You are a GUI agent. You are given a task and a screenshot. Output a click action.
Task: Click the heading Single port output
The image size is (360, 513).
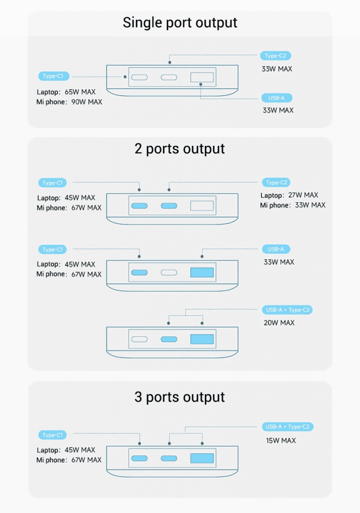tap(180, 23)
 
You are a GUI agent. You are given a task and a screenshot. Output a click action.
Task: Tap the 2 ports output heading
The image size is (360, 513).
tap(180, 149)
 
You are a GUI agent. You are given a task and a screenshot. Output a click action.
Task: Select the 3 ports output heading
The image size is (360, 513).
tap(180, 397)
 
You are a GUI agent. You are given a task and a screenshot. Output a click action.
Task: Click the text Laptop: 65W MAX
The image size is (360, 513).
tap(66, 92)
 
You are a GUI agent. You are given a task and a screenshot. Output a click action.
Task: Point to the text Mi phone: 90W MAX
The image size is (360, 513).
tap(69, 102)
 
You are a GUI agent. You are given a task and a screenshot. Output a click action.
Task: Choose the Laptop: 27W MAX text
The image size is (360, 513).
tap(289, 195)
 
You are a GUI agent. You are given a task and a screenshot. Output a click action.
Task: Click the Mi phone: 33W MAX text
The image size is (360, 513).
tap(292, 205)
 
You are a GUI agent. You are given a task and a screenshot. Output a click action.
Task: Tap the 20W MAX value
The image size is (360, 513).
tap(279, 323)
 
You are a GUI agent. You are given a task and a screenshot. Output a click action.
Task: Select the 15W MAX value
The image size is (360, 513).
tap(280, 441)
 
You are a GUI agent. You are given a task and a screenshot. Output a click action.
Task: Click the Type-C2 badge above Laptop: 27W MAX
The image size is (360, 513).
tap(276, 183)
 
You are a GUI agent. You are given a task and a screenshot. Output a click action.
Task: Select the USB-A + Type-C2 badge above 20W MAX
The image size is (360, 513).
tap(288, 310)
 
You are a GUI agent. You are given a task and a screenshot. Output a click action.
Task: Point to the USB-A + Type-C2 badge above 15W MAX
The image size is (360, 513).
tap(288, 427)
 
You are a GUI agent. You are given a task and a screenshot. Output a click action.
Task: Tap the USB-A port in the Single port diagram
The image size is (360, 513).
tap(202, 78)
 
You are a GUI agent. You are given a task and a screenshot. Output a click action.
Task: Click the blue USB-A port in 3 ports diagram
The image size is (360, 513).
tap(202, 458)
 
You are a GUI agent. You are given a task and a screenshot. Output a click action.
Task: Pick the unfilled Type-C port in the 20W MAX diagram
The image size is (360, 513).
tap(139, 339)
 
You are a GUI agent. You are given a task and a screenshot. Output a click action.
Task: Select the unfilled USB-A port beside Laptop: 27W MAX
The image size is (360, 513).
tap(202, 206)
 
